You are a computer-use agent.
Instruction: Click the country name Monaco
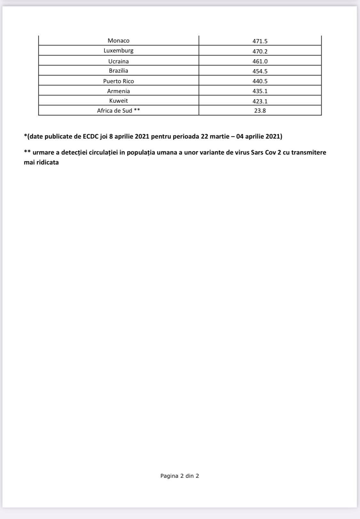pos(118,41)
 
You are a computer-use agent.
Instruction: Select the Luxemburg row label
pos(118,51)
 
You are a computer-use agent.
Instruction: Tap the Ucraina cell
pos(118,61)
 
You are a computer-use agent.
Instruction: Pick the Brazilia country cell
pos(118,71)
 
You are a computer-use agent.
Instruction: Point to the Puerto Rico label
pos(118,81)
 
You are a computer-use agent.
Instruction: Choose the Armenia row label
pos(118,91)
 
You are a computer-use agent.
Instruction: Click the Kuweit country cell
pos(118,101)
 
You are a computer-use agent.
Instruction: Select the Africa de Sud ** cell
pos(118,111)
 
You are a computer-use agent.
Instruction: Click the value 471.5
pos(260,41)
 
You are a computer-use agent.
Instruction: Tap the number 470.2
pos(260,51)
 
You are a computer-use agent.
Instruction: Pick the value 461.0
pos(260,61)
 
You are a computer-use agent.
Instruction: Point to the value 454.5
pos(260,71)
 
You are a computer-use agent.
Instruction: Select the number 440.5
pos(260,81)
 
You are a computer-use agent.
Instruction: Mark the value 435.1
pos(260,91)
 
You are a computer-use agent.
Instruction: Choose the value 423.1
pos(260,101)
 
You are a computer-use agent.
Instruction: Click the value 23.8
pos(260,111)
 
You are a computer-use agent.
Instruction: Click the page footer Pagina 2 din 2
pos(180,476)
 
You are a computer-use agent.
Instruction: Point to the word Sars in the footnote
pos(257,152)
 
